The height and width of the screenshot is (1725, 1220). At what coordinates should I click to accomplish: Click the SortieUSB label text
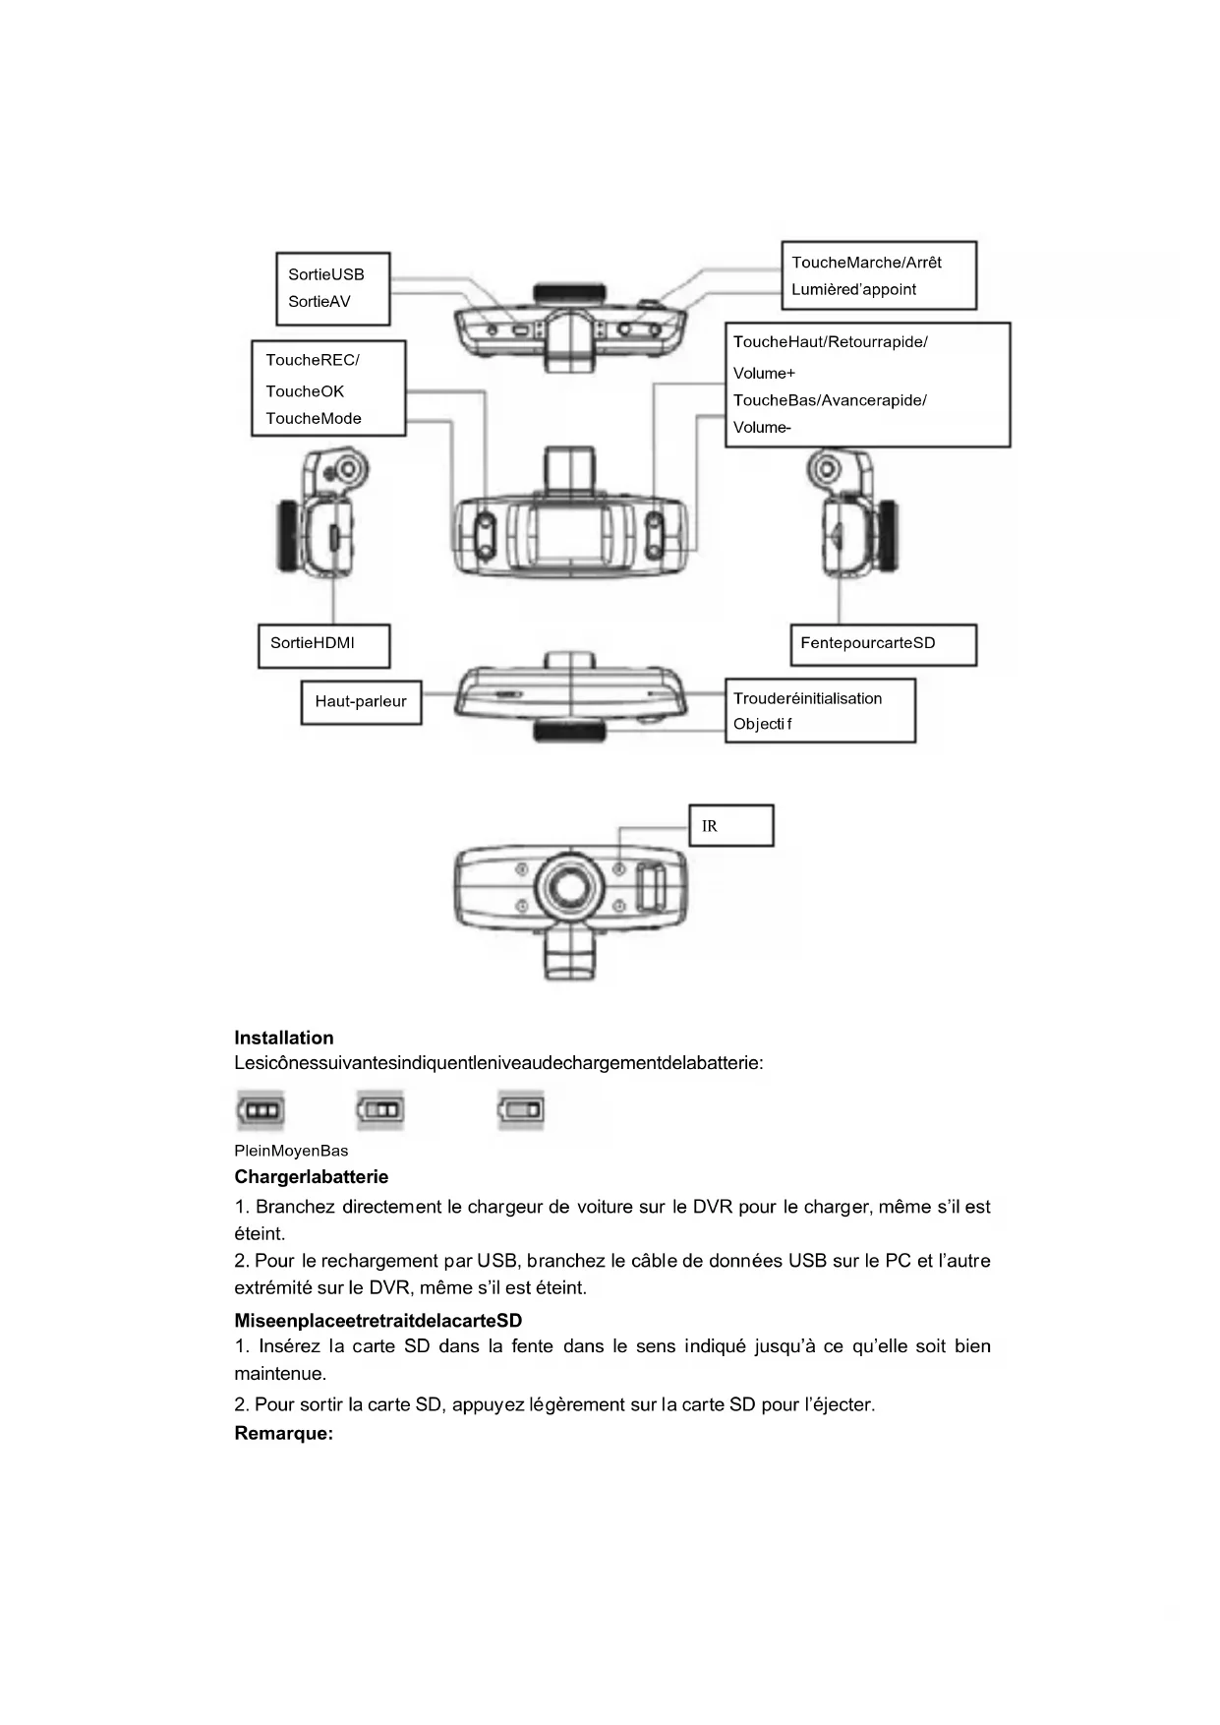(x=325, y=274)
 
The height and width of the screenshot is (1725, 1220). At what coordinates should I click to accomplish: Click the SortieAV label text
(x=319, y=302)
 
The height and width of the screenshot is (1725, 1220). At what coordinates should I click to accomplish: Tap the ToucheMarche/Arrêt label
(x=866, y=263)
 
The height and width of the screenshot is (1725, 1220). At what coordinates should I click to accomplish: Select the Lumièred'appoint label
(x=853, y=290)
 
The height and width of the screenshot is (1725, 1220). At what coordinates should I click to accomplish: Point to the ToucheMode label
(x=314, y=419)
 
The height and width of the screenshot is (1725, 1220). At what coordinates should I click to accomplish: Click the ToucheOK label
(x=305, y=391)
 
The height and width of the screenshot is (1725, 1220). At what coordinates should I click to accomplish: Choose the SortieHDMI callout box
(x=323, y=645)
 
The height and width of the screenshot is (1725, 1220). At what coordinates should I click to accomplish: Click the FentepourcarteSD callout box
(x=883, y=645)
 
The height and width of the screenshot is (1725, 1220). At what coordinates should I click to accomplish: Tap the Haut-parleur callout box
(x=361, y=702)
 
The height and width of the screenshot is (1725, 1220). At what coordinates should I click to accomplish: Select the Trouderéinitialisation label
(x=807, y=699)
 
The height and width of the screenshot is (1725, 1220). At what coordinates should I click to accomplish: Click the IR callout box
(x=730, y=826)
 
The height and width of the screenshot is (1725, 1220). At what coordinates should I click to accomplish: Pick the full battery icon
(x=261, y=1110)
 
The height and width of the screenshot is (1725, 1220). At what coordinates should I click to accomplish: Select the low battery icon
(x=521, y=1110)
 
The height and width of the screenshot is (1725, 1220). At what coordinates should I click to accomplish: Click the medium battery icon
(x=380, y=1110)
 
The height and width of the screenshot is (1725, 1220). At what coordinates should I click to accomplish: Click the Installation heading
(x=284, y=1038)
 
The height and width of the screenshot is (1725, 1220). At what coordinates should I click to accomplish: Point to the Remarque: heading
(x=284, y=1434)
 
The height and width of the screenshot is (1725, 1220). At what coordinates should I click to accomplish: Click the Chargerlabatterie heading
(x=312, y=1177)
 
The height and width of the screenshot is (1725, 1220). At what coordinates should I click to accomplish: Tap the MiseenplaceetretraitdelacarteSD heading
(x=378, y=1321)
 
